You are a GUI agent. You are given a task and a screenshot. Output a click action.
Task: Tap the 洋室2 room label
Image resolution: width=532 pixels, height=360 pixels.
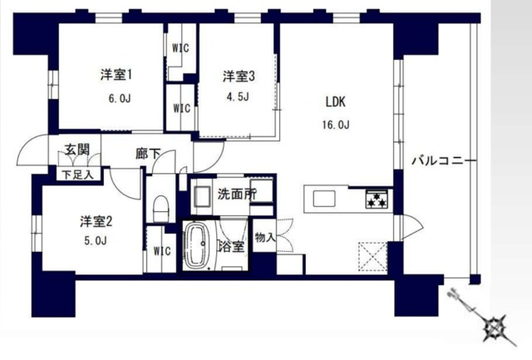[x=96, y=222]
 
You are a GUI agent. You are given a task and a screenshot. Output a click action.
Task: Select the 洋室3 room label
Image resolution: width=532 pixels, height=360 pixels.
[x=238, y=76]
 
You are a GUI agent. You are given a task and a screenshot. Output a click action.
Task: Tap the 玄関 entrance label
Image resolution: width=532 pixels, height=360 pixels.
[x=77, y=150]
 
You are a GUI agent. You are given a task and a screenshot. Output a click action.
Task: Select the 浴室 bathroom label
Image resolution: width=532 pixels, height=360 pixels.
[x=231, y=247]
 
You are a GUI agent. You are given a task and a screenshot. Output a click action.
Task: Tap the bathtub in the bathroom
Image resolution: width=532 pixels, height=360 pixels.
[x=198, y=245]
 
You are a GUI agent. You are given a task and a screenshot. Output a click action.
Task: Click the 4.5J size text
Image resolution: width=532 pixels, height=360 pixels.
[x=238, y=96]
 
